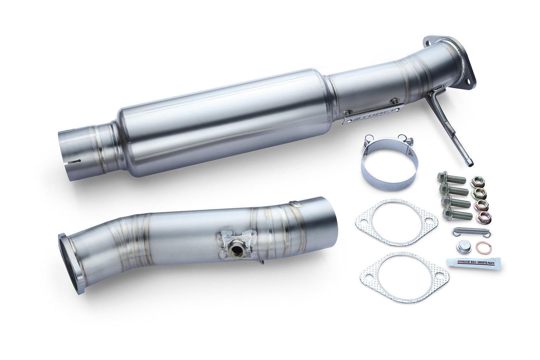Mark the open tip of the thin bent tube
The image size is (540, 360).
[x=470, y=163]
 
